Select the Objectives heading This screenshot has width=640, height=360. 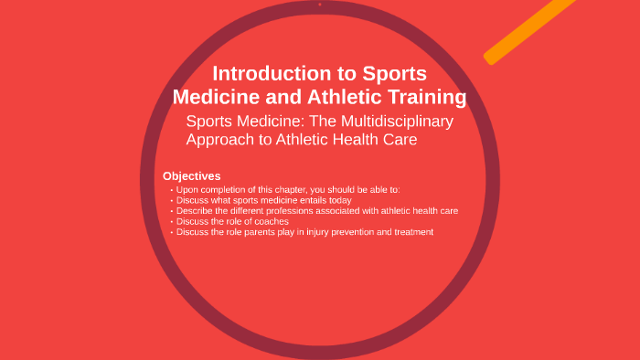[x=191, y=175]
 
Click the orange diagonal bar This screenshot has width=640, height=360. [x=530, y=32]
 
